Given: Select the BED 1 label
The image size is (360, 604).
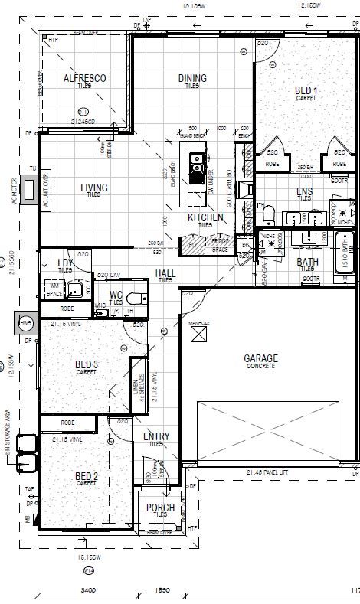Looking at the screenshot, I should (306, 91).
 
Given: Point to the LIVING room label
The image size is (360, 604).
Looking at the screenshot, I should (93, 188).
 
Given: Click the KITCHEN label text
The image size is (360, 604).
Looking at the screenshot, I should (205, 218).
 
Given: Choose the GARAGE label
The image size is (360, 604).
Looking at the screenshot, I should (260, 358).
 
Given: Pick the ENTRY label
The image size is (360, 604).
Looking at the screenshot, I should (156, 436).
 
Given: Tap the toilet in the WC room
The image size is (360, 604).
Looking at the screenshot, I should (136, 299).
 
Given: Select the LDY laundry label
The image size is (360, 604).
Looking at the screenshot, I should (66, 263).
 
